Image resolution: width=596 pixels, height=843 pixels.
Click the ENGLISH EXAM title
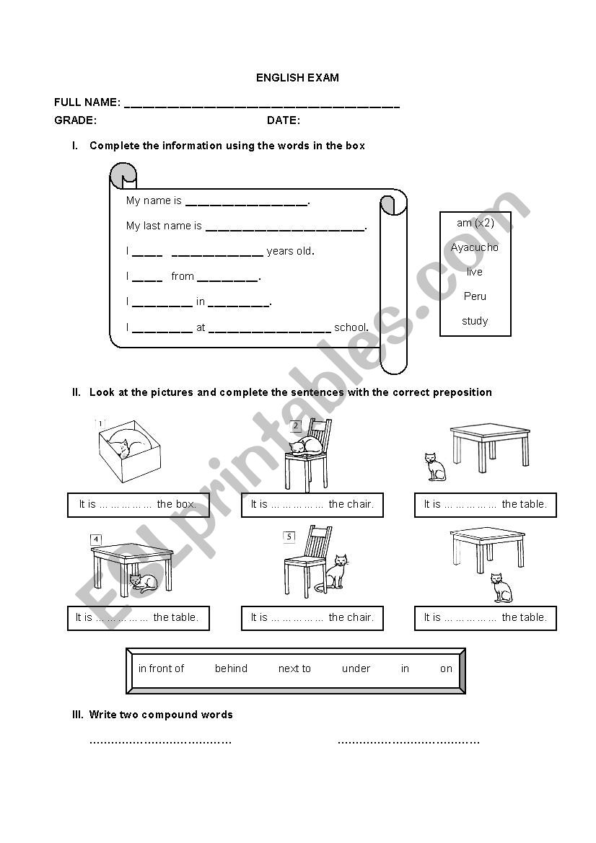pos(297,78)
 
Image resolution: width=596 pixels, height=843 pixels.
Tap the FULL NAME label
pos(87,102)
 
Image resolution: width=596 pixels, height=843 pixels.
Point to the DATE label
pos(284,120)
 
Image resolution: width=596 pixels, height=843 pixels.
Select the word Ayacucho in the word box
pos(475,247)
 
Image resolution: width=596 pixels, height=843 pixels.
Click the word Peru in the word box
pos(475,296)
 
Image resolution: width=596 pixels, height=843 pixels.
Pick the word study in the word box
pos(475,321)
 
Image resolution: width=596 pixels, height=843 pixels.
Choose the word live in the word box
pos(475,272)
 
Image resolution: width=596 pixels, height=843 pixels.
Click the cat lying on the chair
pos(306,446)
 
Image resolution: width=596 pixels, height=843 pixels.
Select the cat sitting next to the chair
pos(336,573)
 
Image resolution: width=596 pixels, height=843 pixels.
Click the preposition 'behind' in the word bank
pos(231,668)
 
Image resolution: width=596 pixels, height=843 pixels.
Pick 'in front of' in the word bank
pos(161,668)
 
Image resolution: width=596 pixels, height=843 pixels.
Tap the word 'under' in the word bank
pos(356,668)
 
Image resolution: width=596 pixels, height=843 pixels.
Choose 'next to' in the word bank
pos(294,668)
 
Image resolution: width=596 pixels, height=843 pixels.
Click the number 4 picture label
pos(96,539)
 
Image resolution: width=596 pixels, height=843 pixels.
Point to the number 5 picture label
pos(289,537)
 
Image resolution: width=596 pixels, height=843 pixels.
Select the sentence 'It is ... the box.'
pos(137,505)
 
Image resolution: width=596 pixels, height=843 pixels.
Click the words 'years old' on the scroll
pos(290,252)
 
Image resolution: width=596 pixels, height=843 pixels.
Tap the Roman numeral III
pos(78,715)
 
